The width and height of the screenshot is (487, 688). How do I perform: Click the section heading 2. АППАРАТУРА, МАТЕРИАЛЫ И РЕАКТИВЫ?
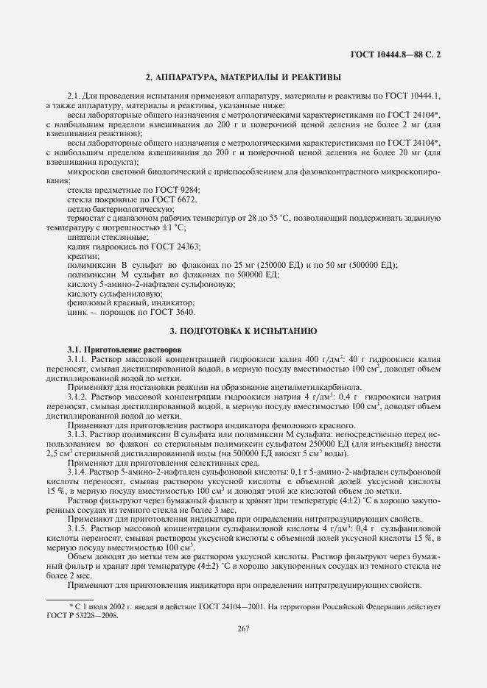pos(243,77)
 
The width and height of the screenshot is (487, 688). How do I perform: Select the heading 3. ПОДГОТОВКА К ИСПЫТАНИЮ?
pos(243,332)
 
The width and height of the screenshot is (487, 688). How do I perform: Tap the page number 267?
pos(243,627)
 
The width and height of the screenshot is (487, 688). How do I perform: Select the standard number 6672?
pos(186,199)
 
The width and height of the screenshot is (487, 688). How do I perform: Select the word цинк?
pos(77,313)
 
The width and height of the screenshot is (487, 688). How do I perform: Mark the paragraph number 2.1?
pos(74,96)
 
